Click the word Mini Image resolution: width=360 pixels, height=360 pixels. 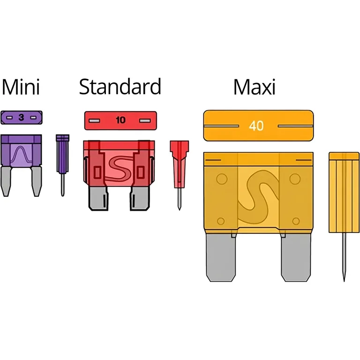point(21,87)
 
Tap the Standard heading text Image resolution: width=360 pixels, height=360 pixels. point(120,87)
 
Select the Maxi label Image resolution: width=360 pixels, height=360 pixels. point(254,87)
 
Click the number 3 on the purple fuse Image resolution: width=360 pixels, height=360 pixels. point(22,117)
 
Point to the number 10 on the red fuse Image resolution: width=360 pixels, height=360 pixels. point(120,120)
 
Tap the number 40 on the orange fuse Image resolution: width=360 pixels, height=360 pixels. point(256,126)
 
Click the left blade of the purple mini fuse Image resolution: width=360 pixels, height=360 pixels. point(6,181)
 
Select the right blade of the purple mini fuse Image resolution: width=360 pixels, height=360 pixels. point(36,181)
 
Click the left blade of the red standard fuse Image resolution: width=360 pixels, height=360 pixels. point(98,198)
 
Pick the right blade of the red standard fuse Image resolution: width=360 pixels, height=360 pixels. point(140,198)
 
